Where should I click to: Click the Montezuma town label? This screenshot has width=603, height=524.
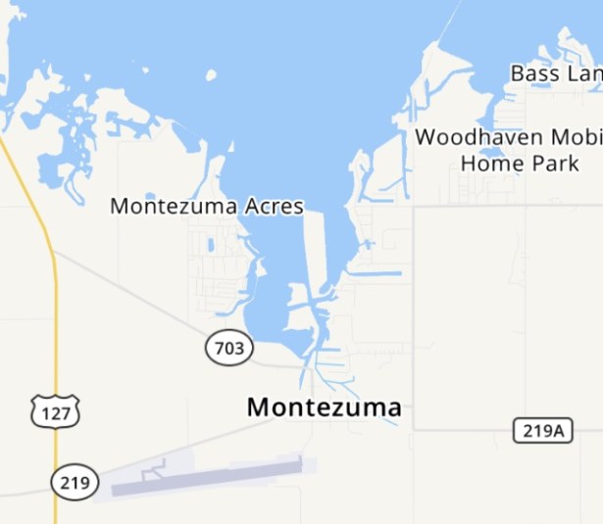pos(324,407)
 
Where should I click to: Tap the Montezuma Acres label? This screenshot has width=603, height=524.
pos(206,207)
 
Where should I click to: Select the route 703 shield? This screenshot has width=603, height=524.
pos(229,348)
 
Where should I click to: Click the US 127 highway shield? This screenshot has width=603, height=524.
pos(54,413)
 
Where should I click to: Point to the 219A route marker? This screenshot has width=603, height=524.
pos(542,430)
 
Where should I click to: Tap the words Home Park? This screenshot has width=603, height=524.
pos(520,164)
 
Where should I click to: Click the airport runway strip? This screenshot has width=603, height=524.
pos(206,477)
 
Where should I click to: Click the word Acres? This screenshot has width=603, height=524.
pos(276,207)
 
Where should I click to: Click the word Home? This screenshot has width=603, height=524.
pos(486,164)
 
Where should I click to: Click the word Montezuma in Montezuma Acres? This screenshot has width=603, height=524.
pos(175,207)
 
